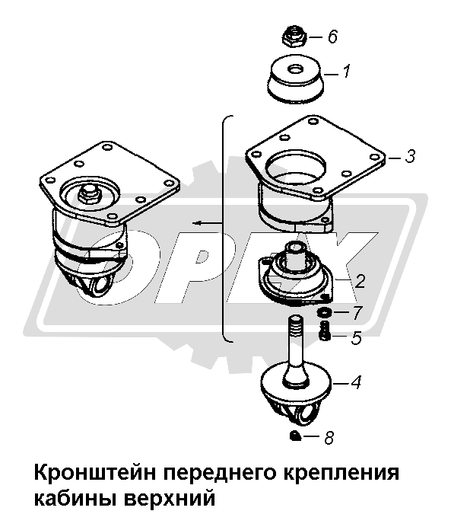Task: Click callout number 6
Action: click(x=333, y=37)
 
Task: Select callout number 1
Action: click(x=347, y=71)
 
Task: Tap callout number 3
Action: click(x=410, y=157)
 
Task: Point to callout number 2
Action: click(x=360, y=281)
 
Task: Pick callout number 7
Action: click(x=357, y=313)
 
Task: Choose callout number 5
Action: click(x=356, y=337)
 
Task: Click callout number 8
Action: click(x=329, y=437)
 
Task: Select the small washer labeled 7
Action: click(x=324, y=312)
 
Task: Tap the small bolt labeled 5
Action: click(x=324, y=330)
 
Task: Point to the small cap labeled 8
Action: click(x=296, y=436)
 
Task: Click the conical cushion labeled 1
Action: click(x=295, y=78)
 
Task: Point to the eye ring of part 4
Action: click(x=305, y=416)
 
